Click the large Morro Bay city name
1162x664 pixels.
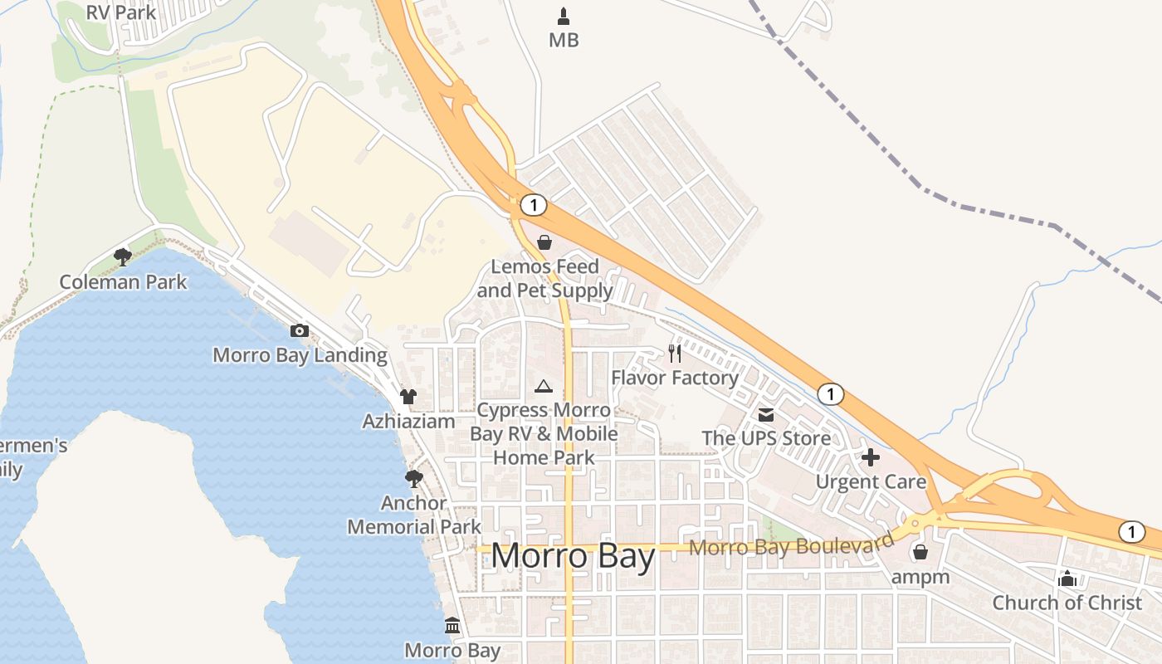pos(573,556)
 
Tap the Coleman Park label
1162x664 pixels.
pos(123,282)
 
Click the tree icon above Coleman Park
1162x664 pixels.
pos(123,256)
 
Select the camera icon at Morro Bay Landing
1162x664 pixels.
pos(300,330)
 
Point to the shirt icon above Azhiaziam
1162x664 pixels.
pos(408,397)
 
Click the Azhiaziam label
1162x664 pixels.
pos(408,422)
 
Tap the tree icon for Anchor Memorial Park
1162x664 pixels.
pos(413,478)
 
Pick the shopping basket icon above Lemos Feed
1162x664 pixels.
pos(544,242)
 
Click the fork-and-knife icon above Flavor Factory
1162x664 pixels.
pos(674,354)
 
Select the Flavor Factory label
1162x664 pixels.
pos(675,378)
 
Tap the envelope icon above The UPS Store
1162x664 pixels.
pos(765,414)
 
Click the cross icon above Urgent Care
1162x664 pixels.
pos(871,457)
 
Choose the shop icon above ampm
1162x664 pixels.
pos(920,552)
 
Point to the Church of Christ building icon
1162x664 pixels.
pos(1067,579)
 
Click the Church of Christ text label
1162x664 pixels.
pos(1067,603)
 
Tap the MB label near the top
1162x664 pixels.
pos(564,40)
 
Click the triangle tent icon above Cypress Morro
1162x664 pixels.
pos(544,385)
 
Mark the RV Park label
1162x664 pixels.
pos(121,12)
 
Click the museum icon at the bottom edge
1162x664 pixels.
pos(452,625)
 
